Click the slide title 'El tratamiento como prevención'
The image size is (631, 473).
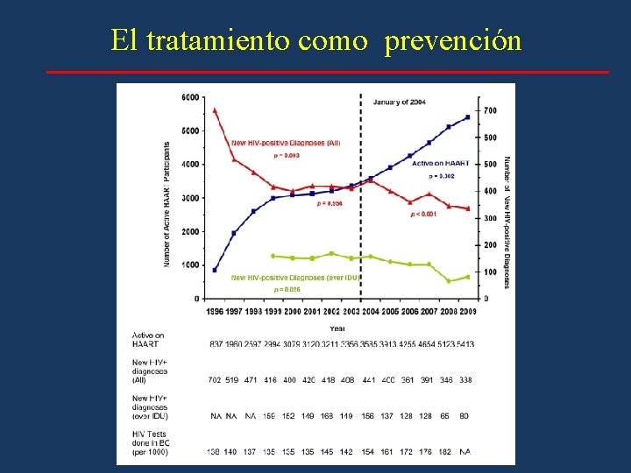coord(315,40)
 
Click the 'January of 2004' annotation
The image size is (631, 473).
coord(400,102)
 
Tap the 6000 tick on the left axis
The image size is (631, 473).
coord(190,97)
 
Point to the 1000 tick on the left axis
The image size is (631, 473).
coord(190,265)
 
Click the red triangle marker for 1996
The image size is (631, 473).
coord(215,110)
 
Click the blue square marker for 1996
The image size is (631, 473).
coord(215,270)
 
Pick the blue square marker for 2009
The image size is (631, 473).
coord(467,116)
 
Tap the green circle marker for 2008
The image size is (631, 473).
coord(449,281)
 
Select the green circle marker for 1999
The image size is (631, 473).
coord(273,256)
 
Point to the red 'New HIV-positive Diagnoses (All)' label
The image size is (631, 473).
coord(285,143)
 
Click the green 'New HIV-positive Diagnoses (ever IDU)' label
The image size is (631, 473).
coord(295,278)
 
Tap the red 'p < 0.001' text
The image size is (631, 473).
coord(424,214)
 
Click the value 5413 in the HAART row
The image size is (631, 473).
coord(464,344)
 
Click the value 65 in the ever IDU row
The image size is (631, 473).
coord(446,416)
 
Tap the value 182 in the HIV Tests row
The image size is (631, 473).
coord(445,451)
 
